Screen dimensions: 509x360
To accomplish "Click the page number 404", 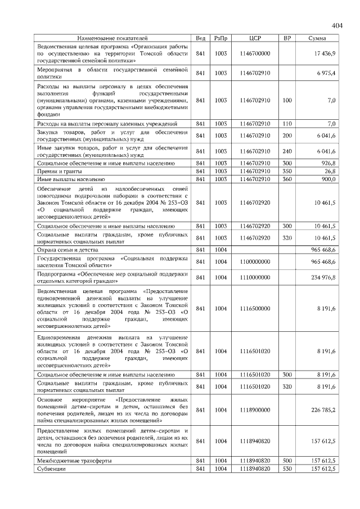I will (337, 25).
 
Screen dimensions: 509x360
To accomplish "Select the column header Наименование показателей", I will (112, 38).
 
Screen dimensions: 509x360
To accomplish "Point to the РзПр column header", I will (220, 38).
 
